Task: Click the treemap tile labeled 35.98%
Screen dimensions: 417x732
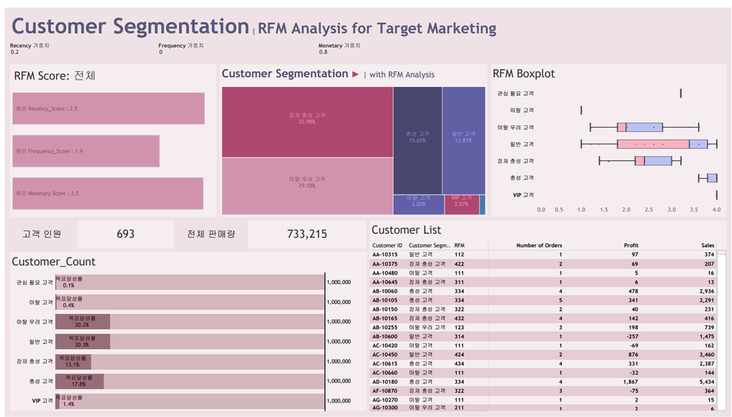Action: pos(307,122)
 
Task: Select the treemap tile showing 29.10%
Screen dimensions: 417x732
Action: pos(307,185)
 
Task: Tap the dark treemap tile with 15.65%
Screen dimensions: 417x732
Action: pos(417,140)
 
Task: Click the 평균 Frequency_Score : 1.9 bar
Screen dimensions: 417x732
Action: pos(86,151)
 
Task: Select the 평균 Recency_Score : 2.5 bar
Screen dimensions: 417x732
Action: pos(108,108)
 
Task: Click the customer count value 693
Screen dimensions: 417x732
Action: pos(125,234)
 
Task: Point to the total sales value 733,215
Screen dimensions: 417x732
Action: pos(307,234)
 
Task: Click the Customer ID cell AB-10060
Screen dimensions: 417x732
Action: pos(384,291)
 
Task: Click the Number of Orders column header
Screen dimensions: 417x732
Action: pos(539,245)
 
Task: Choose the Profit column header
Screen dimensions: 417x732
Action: pos(631,245)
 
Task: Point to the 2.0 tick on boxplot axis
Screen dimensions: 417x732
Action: pos(626,210)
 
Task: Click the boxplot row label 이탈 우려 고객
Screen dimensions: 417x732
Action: pos(515,127)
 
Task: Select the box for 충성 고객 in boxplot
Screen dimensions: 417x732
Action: pos(712,178)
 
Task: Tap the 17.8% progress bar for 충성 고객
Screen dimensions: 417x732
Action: pos(79,381)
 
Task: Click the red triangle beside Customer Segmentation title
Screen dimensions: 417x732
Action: pos(355,74)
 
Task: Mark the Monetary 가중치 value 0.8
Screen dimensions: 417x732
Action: pos(323,52)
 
